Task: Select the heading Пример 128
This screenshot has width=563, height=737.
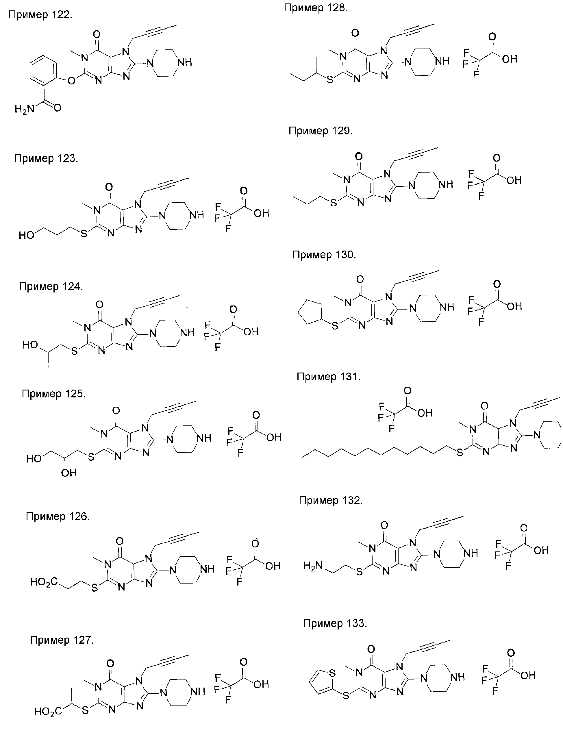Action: point(316,8)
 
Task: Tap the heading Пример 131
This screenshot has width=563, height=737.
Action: point(328,377)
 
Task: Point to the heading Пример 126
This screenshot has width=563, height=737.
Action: point(58,516)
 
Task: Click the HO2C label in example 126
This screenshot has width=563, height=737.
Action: point(44,582)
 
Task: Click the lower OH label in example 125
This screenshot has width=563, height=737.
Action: point(69,473)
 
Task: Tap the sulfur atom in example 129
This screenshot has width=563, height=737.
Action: point(334,203)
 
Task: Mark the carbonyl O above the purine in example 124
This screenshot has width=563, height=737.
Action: point(99,305)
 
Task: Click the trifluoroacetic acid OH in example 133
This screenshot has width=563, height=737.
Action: point(528,675)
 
